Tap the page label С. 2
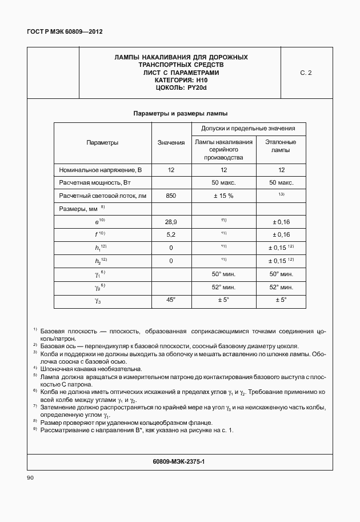point(306,73)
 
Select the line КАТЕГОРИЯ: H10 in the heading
point(181,81)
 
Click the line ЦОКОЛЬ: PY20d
point(181,88)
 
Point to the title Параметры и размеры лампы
point(181,113)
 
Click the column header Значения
point(171,142)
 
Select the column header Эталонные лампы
point(281,146)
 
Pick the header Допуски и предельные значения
point(247,129)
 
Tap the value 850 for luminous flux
point(171,196)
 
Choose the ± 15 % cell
point(223,196)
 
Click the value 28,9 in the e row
point(171,221)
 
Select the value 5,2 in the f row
point(171,234)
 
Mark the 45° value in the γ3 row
point(171,300)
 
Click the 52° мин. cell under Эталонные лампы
point(281,287)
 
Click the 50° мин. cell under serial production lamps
point(223,274)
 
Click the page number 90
point(30,477)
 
